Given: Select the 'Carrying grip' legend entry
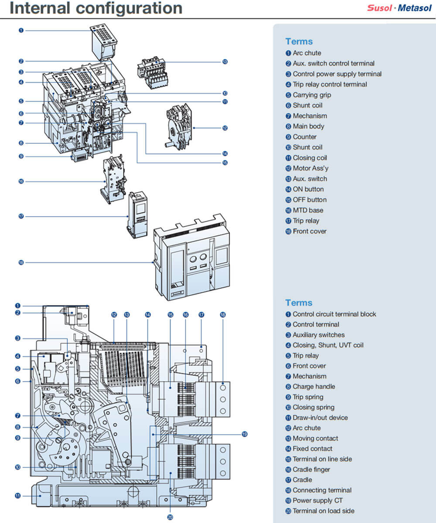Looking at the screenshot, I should [x=311, y=95].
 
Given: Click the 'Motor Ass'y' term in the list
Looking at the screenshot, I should [x=310, y=168].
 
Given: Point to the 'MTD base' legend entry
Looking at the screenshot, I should [x=308, y=210].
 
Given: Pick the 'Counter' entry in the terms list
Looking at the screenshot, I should [x=304, y=137].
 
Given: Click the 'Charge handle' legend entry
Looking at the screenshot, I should [x=313, y=387].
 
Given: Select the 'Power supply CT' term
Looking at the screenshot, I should [x=317, y=501].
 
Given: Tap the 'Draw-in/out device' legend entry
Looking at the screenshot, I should [x=320, y=418].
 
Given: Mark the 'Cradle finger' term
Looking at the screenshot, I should [x=311, y=469].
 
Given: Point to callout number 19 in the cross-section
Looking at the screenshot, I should [x=245, y=434].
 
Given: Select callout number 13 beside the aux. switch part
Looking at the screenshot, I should [x=225, y=62].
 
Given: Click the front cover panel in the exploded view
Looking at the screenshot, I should [x=192, y=257].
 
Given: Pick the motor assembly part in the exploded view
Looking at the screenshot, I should [x=179, y=126].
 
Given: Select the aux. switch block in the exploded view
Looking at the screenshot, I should [x=153, y=72].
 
